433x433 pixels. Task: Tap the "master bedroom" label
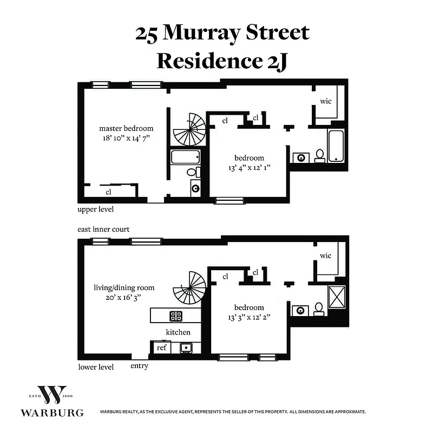(126, 129)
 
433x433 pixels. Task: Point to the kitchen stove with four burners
(176, 316)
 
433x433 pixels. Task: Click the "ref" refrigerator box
(161, 347)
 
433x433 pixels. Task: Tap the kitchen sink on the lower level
(186, 347)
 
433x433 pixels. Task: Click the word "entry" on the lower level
(139, 366)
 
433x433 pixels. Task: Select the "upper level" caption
(95, 209)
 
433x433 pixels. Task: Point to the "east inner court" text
(103, 229)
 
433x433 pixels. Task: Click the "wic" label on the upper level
(326, 101)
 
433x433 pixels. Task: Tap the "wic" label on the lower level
(326, 255)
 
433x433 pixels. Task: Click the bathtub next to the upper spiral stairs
(185, 158)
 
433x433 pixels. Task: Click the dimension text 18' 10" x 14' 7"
(126, 139)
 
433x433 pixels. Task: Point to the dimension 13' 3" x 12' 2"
(249, 318)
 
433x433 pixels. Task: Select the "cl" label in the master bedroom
(108, 192)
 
